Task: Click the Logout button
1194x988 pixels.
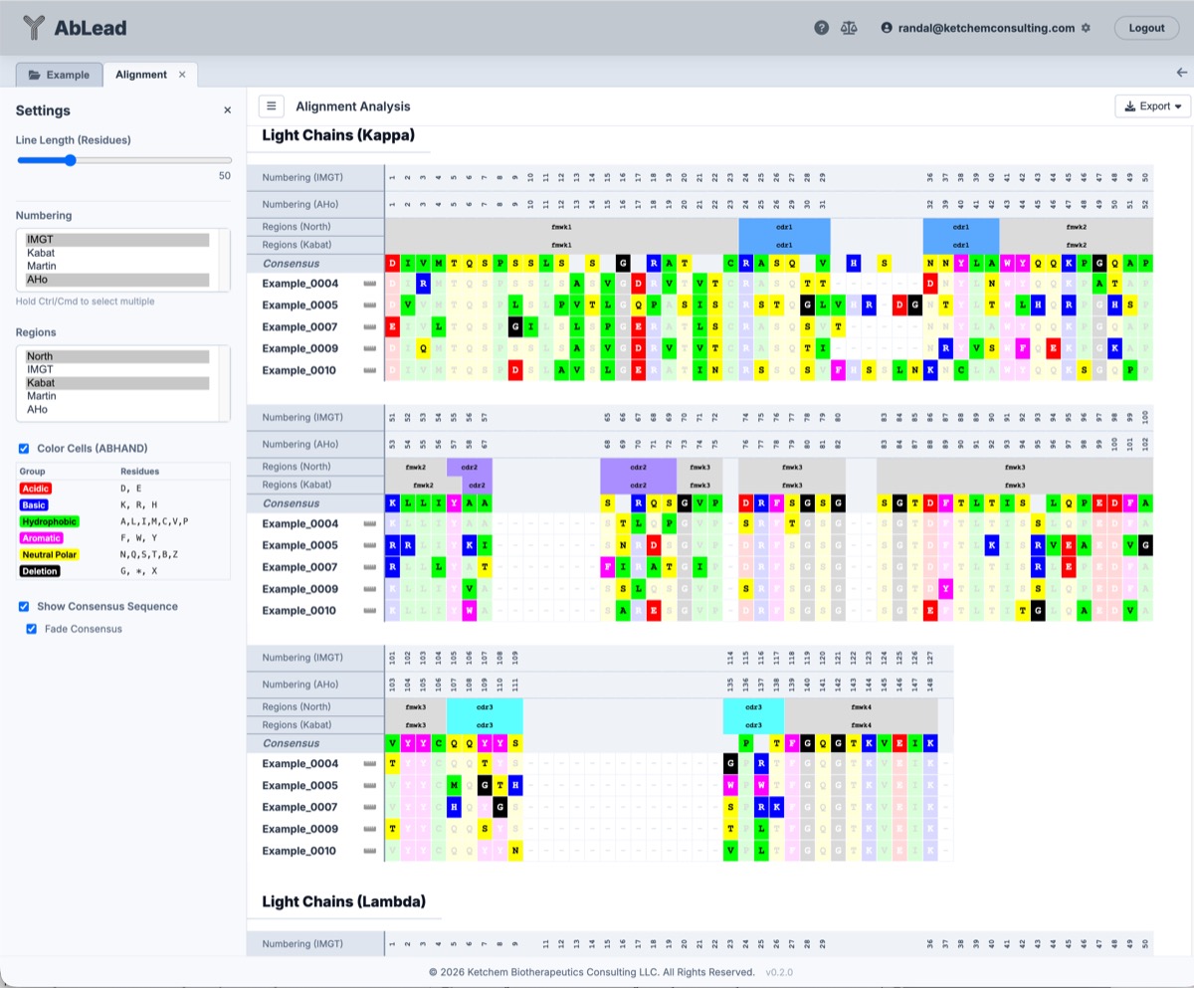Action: (1146, 28)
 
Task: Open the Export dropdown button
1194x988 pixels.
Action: (1153, 106)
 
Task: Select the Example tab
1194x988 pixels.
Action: (59, 75)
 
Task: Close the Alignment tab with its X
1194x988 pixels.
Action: (182, 75)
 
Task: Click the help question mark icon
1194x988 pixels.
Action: (822, 28)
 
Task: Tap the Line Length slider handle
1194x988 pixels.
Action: (71, 160)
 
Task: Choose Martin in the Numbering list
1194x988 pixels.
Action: (41, 266)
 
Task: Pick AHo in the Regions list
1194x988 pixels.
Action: (37, 409)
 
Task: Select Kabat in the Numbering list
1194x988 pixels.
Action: (40, 253)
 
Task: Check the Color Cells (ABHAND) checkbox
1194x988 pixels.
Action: (24, 449)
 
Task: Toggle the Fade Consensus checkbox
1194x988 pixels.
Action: (32, 629)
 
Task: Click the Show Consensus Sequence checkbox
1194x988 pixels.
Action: (24, 606)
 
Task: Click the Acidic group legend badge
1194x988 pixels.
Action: (35, 489)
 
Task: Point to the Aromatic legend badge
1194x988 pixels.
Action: (40, 537)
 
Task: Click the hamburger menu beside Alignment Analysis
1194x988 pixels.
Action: (271, 106)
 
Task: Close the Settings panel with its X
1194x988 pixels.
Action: (227, 110)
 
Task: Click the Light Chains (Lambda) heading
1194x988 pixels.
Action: (343, 901)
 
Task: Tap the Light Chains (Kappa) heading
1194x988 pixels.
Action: (337, 135)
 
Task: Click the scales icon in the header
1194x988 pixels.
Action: (849, 28)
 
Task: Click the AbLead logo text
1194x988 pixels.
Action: (91, 28)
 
